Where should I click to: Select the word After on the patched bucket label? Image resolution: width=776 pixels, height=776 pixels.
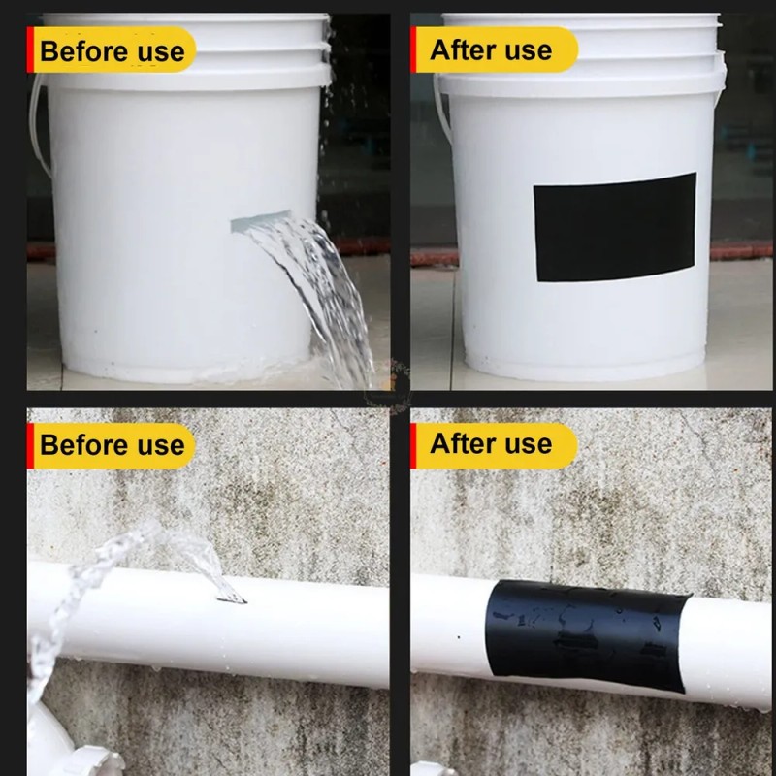463,50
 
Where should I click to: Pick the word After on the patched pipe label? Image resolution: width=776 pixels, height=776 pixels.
463,443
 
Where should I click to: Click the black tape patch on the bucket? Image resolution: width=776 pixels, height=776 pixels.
615,228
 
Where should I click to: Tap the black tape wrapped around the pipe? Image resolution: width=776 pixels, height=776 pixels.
588,636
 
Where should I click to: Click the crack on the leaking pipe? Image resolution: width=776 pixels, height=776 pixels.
231,599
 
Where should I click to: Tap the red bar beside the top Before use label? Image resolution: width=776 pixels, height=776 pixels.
30,49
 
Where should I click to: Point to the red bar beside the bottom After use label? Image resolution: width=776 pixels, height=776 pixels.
413,446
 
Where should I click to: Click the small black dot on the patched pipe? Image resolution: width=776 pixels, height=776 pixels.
459,637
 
